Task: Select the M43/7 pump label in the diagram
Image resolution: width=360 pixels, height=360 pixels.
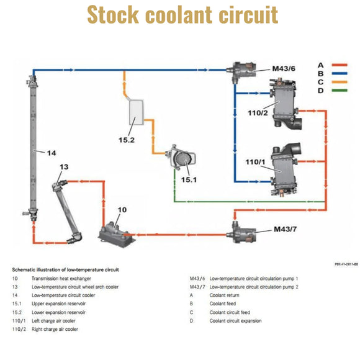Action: pos(285,230)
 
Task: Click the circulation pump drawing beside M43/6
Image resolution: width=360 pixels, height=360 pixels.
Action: pos(242,73)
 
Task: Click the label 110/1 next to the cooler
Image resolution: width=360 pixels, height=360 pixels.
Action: pos(256,161)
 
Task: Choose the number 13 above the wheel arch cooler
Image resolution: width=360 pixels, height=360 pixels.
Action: pos(64,167)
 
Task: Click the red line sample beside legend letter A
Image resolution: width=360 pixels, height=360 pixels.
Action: pos(339,65)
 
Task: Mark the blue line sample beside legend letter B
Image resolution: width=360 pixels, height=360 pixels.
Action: pos(339,73)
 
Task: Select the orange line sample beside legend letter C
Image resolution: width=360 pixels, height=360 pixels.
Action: pos(339,82)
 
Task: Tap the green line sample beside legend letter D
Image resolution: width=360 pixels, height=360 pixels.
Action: pos(339,91)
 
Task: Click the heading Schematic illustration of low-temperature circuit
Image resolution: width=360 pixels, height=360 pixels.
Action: pos(65,269)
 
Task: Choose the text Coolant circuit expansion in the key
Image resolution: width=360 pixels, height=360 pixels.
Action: pos(235,321)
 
